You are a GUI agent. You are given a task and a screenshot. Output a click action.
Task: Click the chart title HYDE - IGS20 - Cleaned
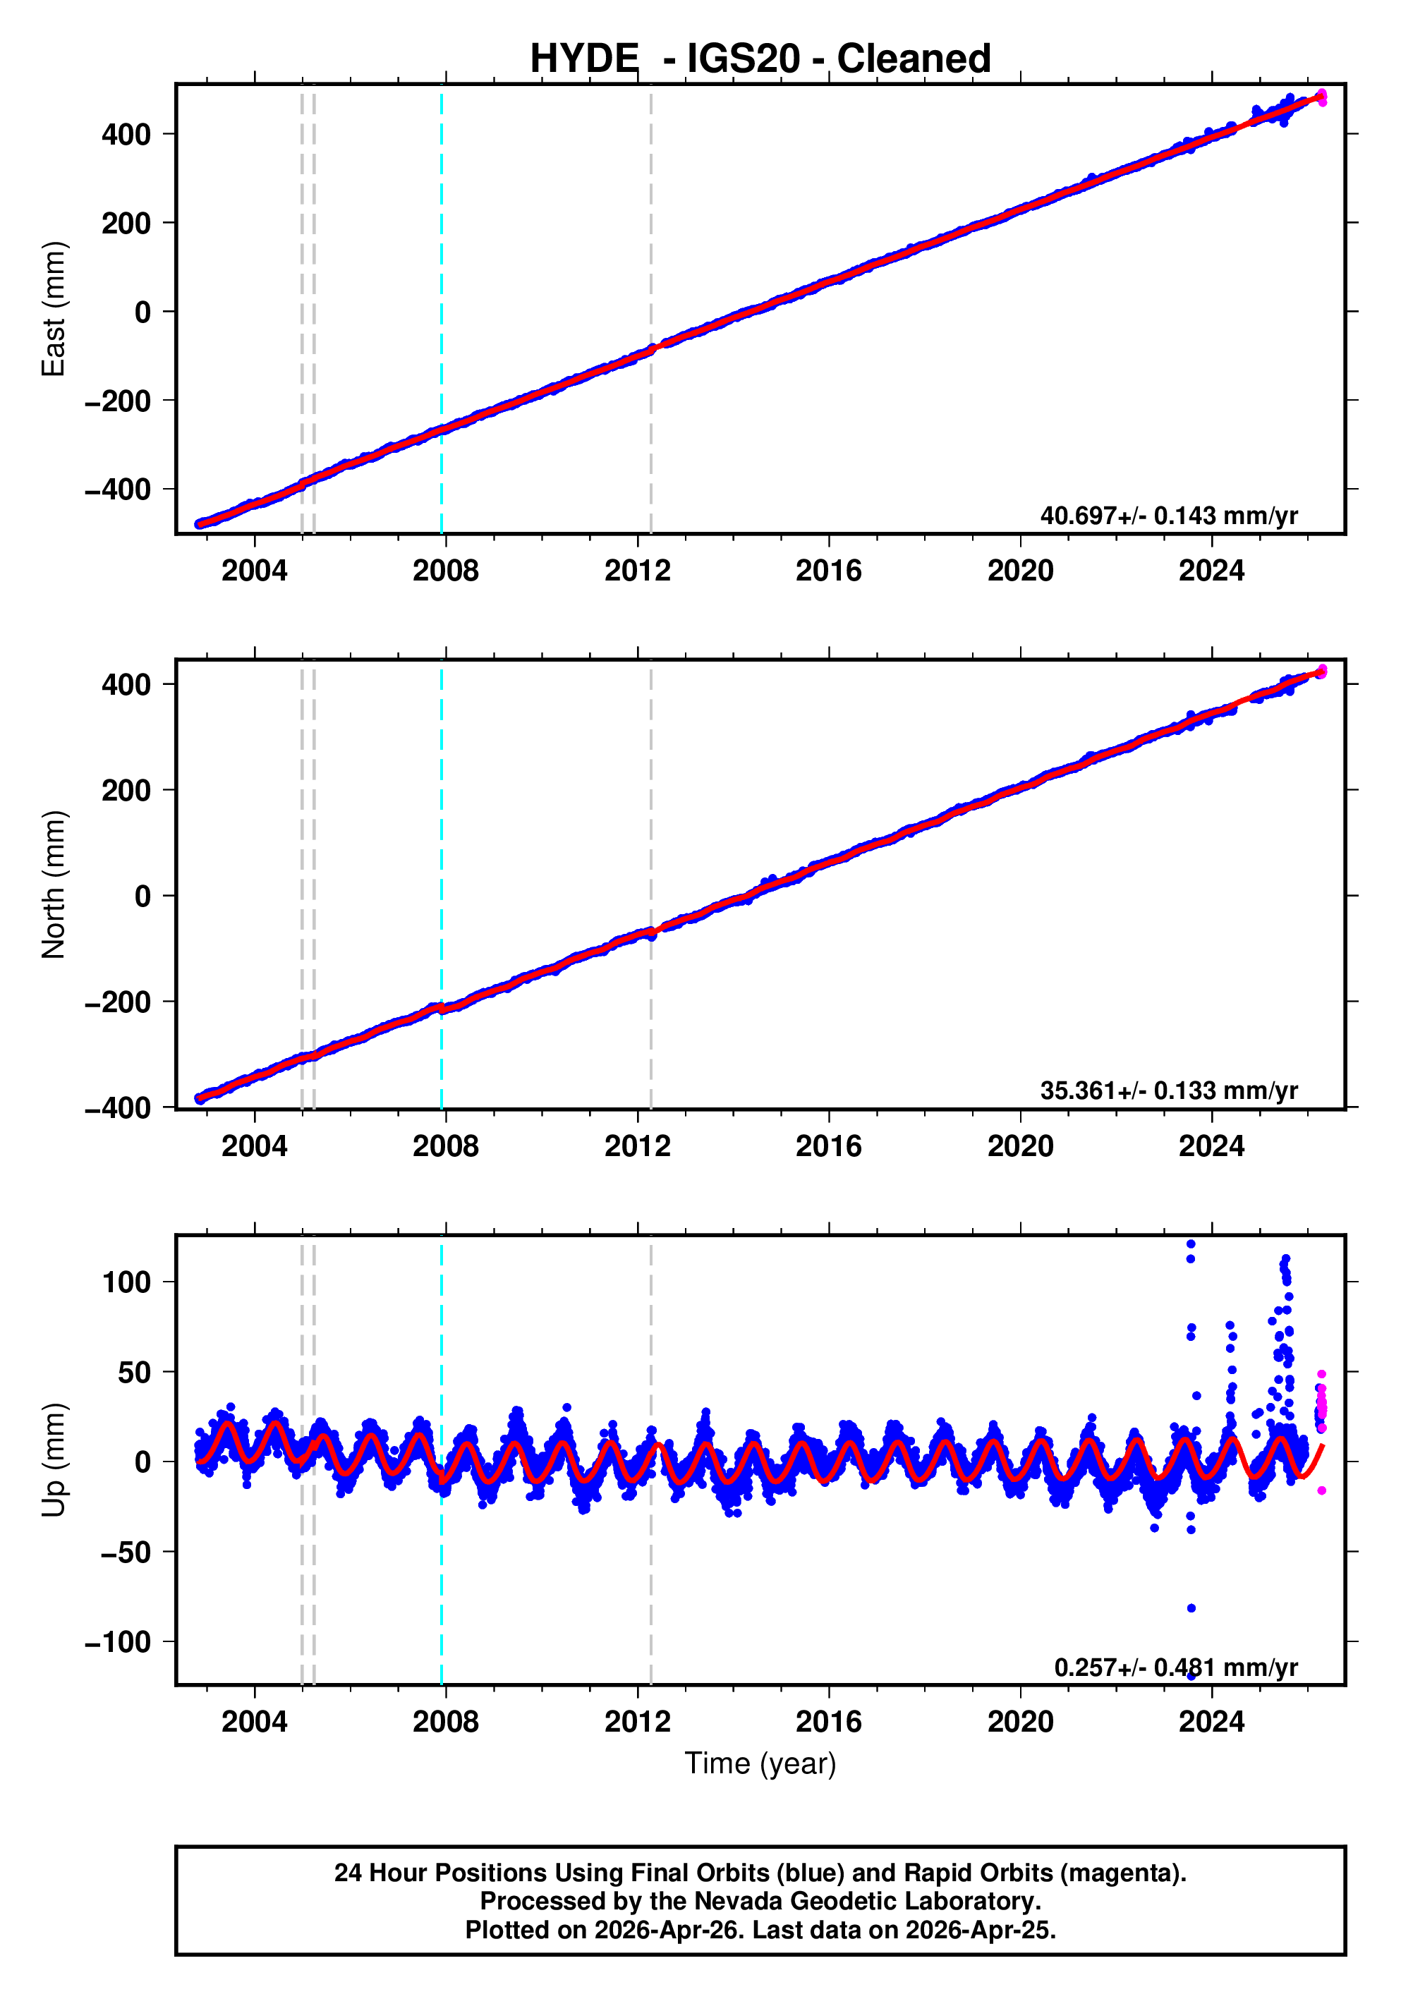click(x=760, y=59)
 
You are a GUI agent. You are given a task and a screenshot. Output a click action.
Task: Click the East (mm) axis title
click(x=54, y=309)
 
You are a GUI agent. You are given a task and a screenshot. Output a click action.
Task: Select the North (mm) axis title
click(x=54, y=885)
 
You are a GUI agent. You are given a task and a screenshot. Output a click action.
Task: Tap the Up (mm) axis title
click(x=54, y=1460)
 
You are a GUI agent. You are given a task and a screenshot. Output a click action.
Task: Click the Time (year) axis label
click(x=760, y=1763)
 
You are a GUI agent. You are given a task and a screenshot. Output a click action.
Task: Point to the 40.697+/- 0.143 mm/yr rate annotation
click(x=1168, y=516)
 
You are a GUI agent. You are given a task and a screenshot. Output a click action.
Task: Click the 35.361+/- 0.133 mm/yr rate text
click(x=1168, y=1090)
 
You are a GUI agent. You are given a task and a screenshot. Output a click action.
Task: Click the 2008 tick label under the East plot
click(x=446, y=571)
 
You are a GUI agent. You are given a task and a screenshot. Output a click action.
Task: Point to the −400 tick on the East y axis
click(x=118, y=490)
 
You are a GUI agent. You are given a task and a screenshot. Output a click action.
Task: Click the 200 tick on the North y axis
click(x=126, y=791)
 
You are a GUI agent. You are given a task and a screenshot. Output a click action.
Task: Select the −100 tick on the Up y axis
click(x=118, y=1642)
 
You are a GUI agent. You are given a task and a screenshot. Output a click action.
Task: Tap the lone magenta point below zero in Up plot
click(x=1322, y=1490)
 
